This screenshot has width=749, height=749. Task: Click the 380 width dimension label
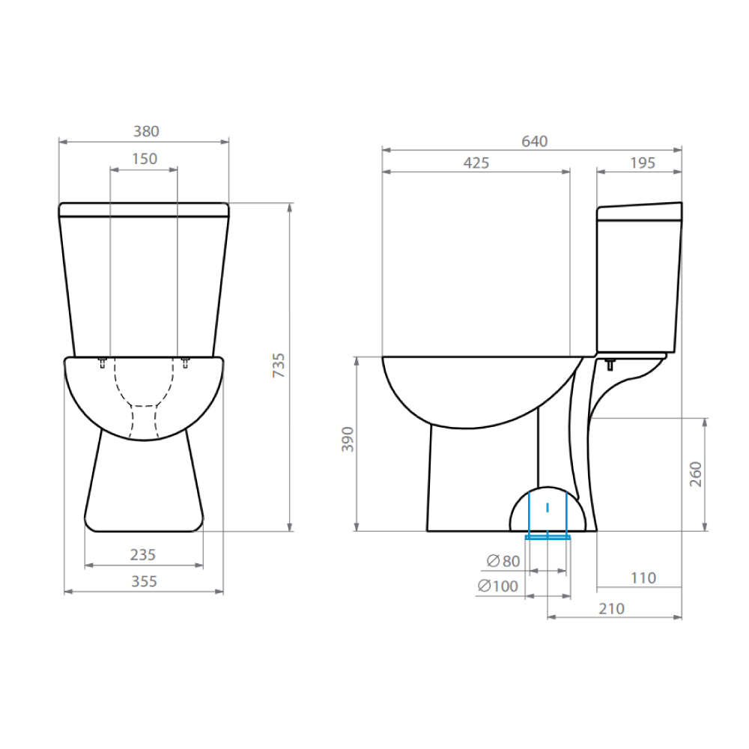coord(146,131)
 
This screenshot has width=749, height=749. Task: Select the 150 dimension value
coord(144,159)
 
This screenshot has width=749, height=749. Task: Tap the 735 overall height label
coord(279,366)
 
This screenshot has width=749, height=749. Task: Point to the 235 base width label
coord(143,554)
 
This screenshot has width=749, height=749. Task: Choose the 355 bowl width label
coord(143,581)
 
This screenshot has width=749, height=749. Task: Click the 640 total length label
coord(535,142)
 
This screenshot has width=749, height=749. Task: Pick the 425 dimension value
coord(476,163)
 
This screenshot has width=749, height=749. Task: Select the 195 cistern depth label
coord(641,163)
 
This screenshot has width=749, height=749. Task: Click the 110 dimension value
coord(642,577)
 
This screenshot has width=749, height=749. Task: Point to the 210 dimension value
coord(611,609)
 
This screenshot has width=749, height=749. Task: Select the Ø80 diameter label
coord(503,561)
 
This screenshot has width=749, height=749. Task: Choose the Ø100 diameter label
coord(497,586)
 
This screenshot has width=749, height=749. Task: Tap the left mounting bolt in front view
coord(103,363)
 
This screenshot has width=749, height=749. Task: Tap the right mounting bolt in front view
coord(186,363)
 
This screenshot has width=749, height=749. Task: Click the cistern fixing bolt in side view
coord(610,365)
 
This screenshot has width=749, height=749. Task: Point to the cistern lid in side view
coord(640,212)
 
